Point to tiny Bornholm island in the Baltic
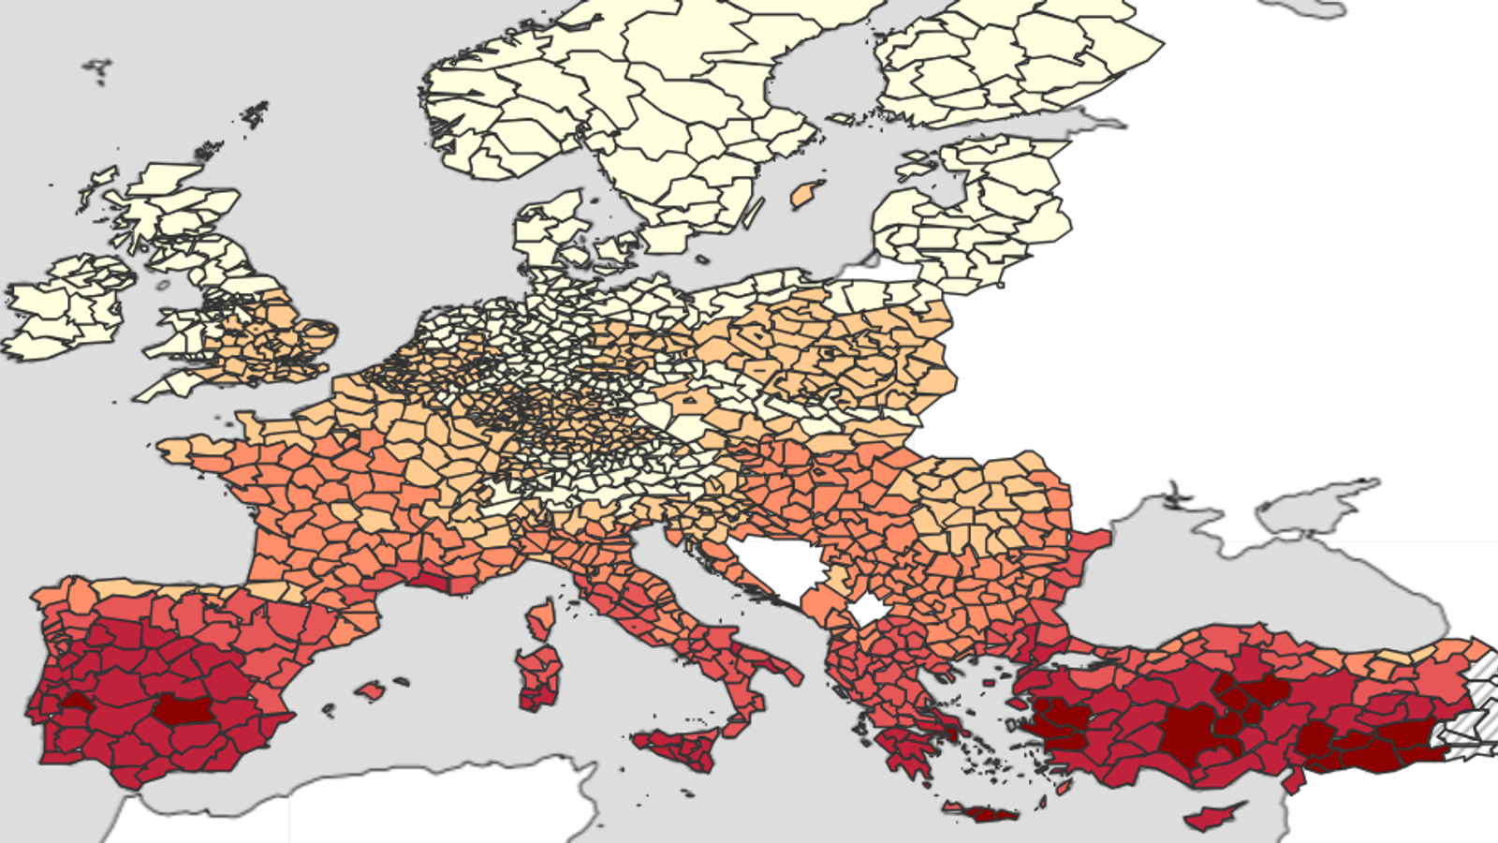[700, 259]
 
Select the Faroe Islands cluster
[96, 68]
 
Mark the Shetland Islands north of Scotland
[255, 114]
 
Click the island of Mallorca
[371, 692]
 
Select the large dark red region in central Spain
[183, 710]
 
